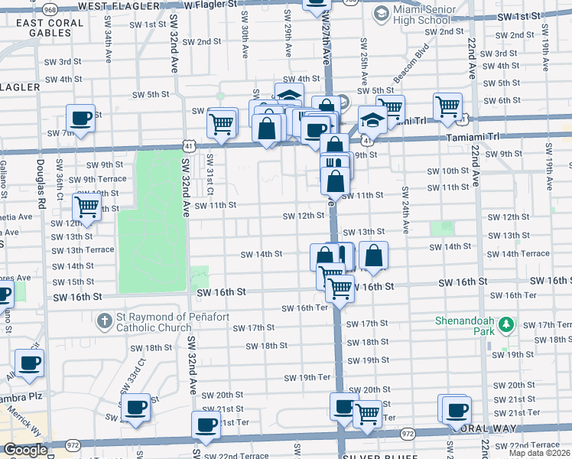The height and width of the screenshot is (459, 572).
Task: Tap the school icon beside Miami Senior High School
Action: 380,15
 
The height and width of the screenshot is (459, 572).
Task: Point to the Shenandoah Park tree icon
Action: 505,326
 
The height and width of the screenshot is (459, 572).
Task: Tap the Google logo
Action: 26,450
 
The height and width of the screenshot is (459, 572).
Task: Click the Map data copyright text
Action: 540,453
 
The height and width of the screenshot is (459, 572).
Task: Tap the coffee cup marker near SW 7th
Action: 80,119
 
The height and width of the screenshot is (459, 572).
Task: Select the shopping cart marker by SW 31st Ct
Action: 222,122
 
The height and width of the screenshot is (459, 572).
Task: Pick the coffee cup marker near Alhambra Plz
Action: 29,363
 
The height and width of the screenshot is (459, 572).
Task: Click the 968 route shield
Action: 50,8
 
